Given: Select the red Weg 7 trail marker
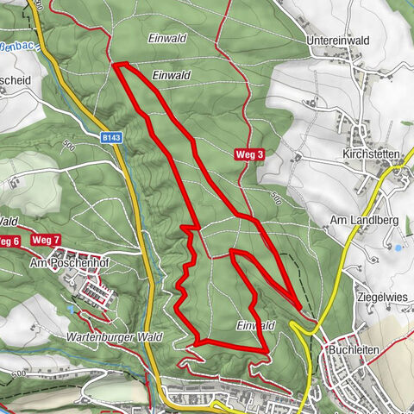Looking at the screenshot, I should pyautogui.click(x=45, y=240).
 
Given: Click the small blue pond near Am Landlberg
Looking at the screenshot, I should pyautogui.click(x=398, y=248).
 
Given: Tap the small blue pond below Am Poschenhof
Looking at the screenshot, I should pyautogui.click(x=69, y=308).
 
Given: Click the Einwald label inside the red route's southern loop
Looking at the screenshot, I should pyautogui.click(x=255, y=325).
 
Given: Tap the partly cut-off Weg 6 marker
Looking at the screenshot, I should pyautogui.click(x=9, y=241).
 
